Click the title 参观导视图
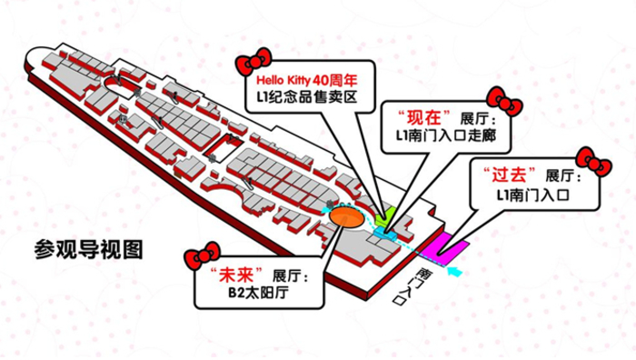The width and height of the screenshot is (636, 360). click(x=88, y=249)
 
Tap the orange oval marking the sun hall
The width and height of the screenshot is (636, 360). click(x=346, y=218)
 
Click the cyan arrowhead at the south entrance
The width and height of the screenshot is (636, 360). click(x=454, y=271)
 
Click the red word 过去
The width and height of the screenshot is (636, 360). click(x=509, y=175)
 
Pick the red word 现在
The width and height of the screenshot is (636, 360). click(x=424, y=117)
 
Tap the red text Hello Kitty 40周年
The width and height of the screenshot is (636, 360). click(x=307, y=80)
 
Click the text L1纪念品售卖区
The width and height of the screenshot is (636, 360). click(x=307, y=97)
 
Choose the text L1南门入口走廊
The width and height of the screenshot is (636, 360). click(x=446, y=135)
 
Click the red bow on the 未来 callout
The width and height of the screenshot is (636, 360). click(x=202, y=255)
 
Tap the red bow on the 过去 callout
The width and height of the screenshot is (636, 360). click(x=594, y=162)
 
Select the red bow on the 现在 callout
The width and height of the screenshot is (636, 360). click(x=504, y=102)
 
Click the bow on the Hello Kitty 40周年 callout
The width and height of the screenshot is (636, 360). click(x=253, y=62)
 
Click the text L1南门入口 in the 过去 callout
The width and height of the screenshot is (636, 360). click(x=533, y=195)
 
